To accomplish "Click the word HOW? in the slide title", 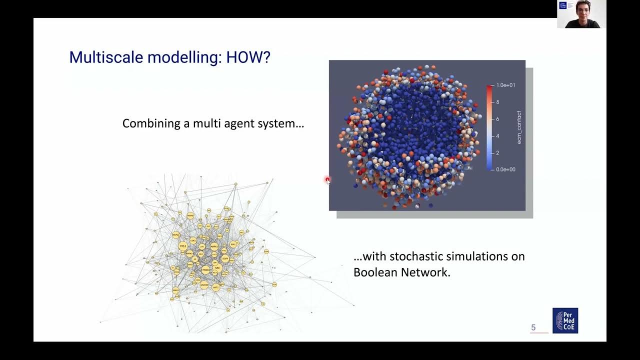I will [248, 57].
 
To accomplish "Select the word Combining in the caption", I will [151, 123].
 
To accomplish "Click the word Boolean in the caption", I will [375, 272].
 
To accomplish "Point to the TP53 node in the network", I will [183, 246].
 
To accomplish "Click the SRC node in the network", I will [217, 268].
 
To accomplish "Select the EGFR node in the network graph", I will [225, 258].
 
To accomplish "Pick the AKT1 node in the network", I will [215, 287].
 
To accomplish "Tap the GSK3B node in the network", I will [204, 285].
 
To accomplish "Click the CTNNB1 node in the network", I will [205, 269].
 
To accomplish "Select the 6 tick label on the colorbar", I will [497, 119].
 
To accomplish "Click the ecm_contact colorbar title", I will [519, 127].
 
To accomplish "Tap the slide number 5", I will [533, 327].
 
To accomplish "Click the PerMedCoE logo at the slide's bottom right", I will [565, 320].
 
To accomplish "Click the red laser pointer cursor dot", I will [327, 179].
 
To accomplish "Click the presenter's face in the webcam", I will [583, 10].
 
